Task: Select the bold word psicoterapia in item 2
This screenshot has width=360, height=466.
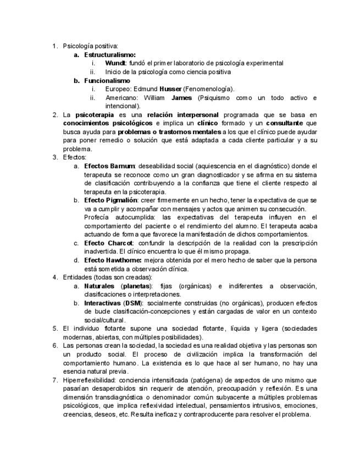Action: coord(95,115)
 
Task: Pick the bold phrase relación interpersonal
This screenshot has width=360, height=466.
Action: coord(181,115)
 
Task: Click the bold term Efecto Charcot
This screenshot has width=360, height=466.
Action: coord(108,243)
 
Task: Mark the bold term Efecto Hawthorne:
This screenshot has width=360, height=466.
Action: coord(113,260)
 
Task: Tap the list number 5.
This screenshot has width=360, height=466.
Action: coord(55,329)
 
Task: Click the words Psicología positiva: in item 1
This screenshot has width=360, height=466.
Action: coord(90,46)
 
